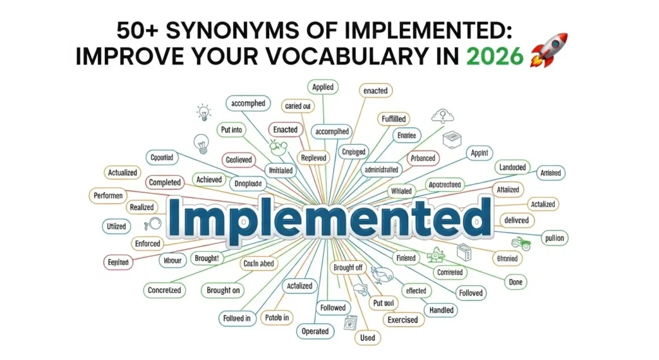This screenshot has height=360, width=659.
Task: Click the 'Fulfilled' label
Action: pos(394,119)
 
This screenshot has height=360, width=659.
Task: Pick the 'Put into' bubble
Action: pos(231,130)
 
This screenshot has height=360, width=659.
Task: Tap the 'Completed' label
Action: pos(165,183)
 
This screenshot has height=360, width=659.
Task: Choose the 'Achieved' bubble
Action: pos(209,180)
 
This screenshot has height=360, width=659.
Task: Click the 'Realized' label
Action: pos(142,207)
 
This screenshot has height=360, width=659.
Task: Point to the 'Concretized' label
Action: pos(165,290)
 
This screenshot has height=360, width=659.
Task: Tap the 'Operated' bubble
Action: pos(315,332)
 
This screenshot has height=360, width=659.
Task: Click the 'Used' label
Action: pos(367,337)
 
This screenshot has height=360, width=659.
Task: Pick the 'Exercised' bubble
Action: pos(403,319)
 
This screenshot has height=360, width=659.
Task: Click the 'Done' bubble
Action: pos(516,282)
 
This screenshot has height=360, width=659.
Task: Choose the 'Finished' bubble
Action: pos(406,258)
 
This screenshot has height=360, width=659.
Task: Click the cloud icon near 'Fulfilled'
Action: pos(442,116)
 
